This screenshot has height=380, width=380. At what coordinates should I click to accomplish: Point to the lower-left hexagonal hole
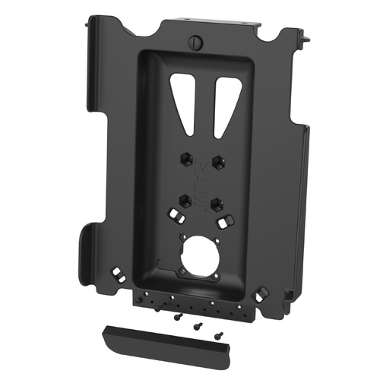pos(185,201)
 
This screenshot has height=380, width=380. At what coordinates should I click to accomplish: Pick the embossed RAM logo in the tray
pos(201,182)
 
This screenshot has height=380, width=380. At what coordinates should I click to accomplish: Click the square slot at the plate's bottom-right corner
pos(262,291)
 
